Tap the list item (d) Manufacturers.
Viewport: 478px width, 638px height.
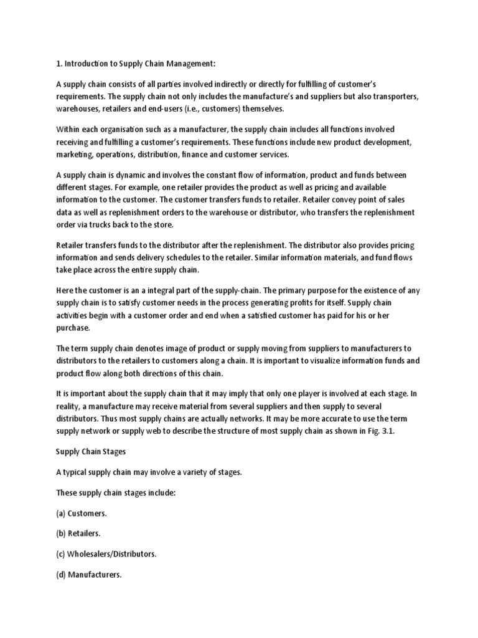pyautogui.click(x=89, y=574)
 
